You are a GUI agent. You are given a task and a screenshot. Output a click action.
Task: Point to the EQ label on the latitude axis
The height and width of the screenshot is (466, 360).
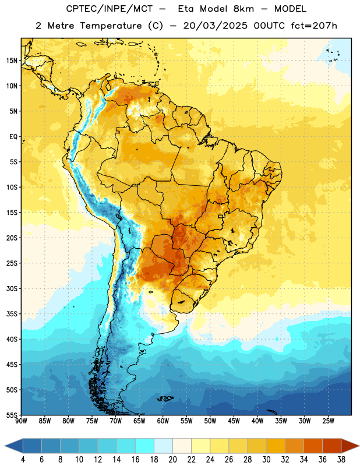pos(13,137)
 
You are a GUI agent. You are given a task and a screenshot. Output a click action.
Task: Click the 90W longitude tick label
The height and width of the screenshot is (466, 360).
pos(21,421)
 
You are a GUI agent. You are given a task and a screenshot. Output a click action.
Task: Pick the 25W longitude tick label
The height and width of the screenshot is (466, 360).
pos(328,421)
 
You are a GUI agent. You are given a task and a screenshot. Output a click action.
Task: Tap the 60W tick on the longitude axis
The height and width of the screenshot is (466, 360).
pos(163,421)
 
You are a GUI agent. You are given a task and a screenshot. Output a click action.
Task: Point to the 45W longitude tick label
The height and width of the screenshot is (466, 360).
pos(234,421)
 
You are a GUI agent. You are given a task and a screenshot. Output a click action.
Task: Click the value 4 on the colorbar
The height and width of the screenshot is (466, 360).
pos(23,460)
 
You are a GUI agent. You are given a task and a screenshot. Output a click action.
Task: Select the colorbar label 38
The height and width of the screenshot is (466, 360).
pos(341,460)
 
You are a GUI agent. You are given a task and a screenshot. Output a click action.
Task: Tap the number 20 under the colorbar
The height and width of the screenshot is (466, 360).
pos(172,460)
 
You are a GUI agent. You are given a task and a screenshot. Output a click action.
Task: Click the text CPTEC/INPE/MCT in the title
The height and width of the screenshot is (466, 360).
pos(109,9)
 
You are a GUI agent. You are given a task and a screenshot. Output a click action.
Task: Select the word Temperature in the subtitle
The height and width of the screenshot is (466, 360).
pos(111,26)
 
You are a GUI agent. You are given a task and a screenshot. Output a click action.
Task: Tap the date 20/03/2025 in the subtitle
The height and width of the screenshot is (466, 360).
pos(215,26)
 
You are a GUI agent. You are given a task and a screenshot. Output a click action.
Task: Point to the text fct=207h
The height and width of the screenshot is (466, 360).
pos(314,26)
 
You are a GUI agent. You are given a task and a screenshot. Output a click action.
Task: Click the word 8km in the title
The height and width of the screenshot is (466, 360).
pos(243,9)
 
